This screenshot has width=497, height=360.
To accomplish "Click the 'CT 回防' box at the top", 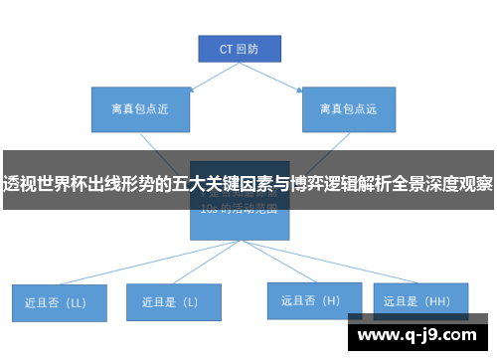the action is click(238, 48).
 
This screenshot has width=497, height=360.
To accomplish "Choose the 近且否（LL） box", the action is click(59, 302).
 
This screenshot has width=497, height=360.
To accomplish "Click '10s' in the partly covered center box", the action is click(208, 210).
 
